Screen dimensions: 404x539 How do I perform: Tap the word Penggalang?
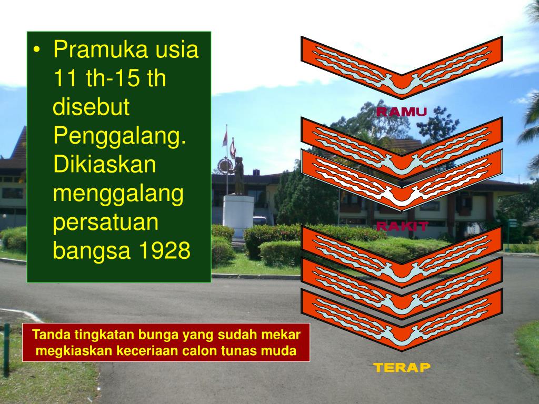(x=120, y=138)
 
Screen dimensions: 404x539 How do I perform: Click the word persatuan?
(x=106, y=223)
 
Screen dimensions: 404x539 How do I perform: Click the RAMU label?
(x=401, y=112)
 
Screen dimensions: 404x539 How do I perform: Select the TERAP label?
(x=402, y=367)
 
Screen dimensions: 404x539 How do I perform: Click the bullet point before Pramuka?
(x=37, y=52)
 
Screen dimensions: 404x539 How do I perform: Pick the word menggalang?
(x=118, y=194)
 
